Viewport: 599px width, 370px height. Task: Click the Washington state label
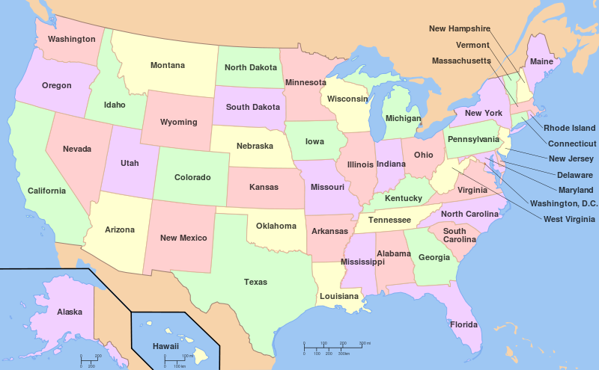pos(71,39)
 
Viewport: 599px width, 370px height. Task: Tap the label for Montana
pos(167,66)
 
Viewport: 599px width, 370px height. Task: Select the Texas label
pos(255,283)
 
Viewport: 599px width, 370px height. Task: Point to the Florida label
pos(463,325)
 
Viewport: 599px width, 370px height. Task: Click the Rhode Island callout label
pos(569,129)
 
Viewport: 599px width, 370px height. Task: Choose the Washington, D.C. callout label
pos(563,203)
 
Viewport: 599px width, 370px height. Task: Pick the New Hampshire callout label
pos(459,28)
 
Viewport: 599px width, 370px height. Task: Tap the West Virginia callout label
pos(570,219)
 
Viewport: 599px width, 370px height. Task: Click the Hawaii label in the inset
pos(165,346)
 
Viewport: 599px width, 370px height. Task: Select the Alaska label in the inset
pos(70,312)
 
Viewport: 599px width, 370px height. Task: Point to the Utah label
pos(130,162)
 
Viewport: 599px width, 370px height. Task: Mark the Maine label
pos(541,62)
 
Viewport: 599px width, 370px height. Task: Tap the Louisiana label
pos(339,296)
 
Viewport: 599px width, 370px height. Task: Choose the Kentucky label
pos(403,199)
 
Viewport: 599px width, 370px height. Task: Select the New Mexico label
pos(183,238)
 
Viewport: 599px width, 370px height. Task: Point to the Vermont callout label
pos(472,45)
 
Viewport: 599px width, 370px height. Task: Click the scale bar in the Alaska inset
pos(91,360)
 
